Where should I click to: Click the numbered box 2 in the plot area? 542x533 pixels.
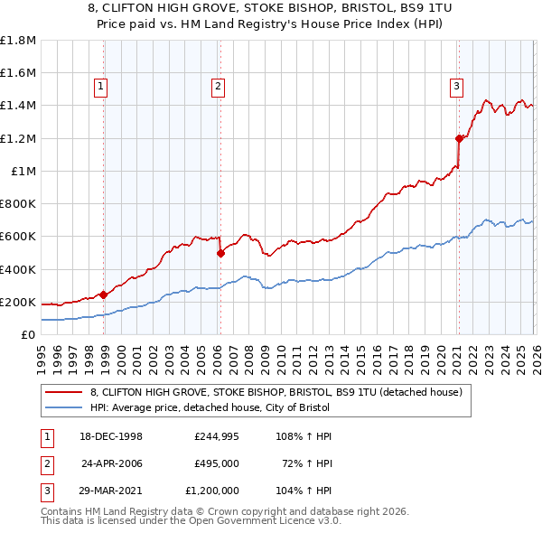pyautogui.click(x=218, y=87)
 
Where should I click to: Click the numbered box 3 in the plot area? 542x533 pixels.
pyautogui.click(x=457, y=87)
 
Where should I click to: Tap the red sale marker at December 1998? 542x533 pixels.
pyautogui.click(x=104, y=294)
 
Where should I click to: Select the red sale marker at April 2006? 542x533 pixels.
pyautogui.click(x=220, y=254)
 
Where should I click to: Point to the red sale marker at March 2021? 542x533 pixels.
pyautogui.click(x=459, y=138)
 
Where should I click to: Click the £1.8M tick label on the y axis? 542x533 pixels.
pyautogui.click(x=18, y=41)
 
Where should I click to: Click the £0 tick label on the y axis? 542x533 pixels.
pyautogui.click(x=29, y=334)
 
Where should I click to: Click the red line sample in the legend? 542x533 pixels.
pyautogui.click(x=64, y=392)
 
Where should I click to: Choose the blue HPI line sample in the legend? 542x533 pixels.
pyautogui.click(x=64, y=407)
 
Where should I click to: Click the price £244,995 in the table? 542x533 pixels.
pyautogui.click(x=214, y=436)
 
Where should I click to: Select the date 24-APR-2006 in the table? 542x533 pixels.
pyautogui.click(x=112, y=463)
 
